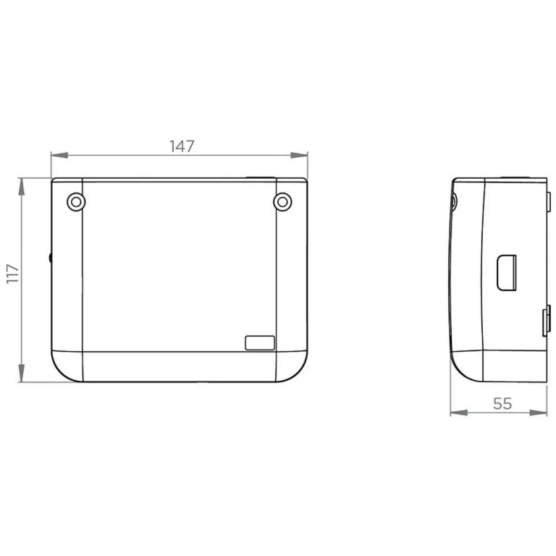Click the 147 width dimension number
click(x=182, y=146)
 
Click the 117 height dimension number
click(x=13, y=274)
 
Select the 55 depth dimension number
click(x=502, y=403)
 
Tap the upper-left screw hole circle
click(x=76, y=202)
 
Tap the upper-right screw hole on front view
click(x=282, y=202)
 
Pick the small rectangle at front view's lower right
click(x=260, y=343)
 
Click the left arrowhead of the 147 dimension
click(x=59, y=156)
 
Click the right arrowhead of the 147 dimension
click(x=299, y=156)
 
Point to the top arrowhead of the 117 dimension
click(x=22, y=187)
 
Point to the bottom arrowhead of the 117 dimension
click(x=22, y=374)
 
